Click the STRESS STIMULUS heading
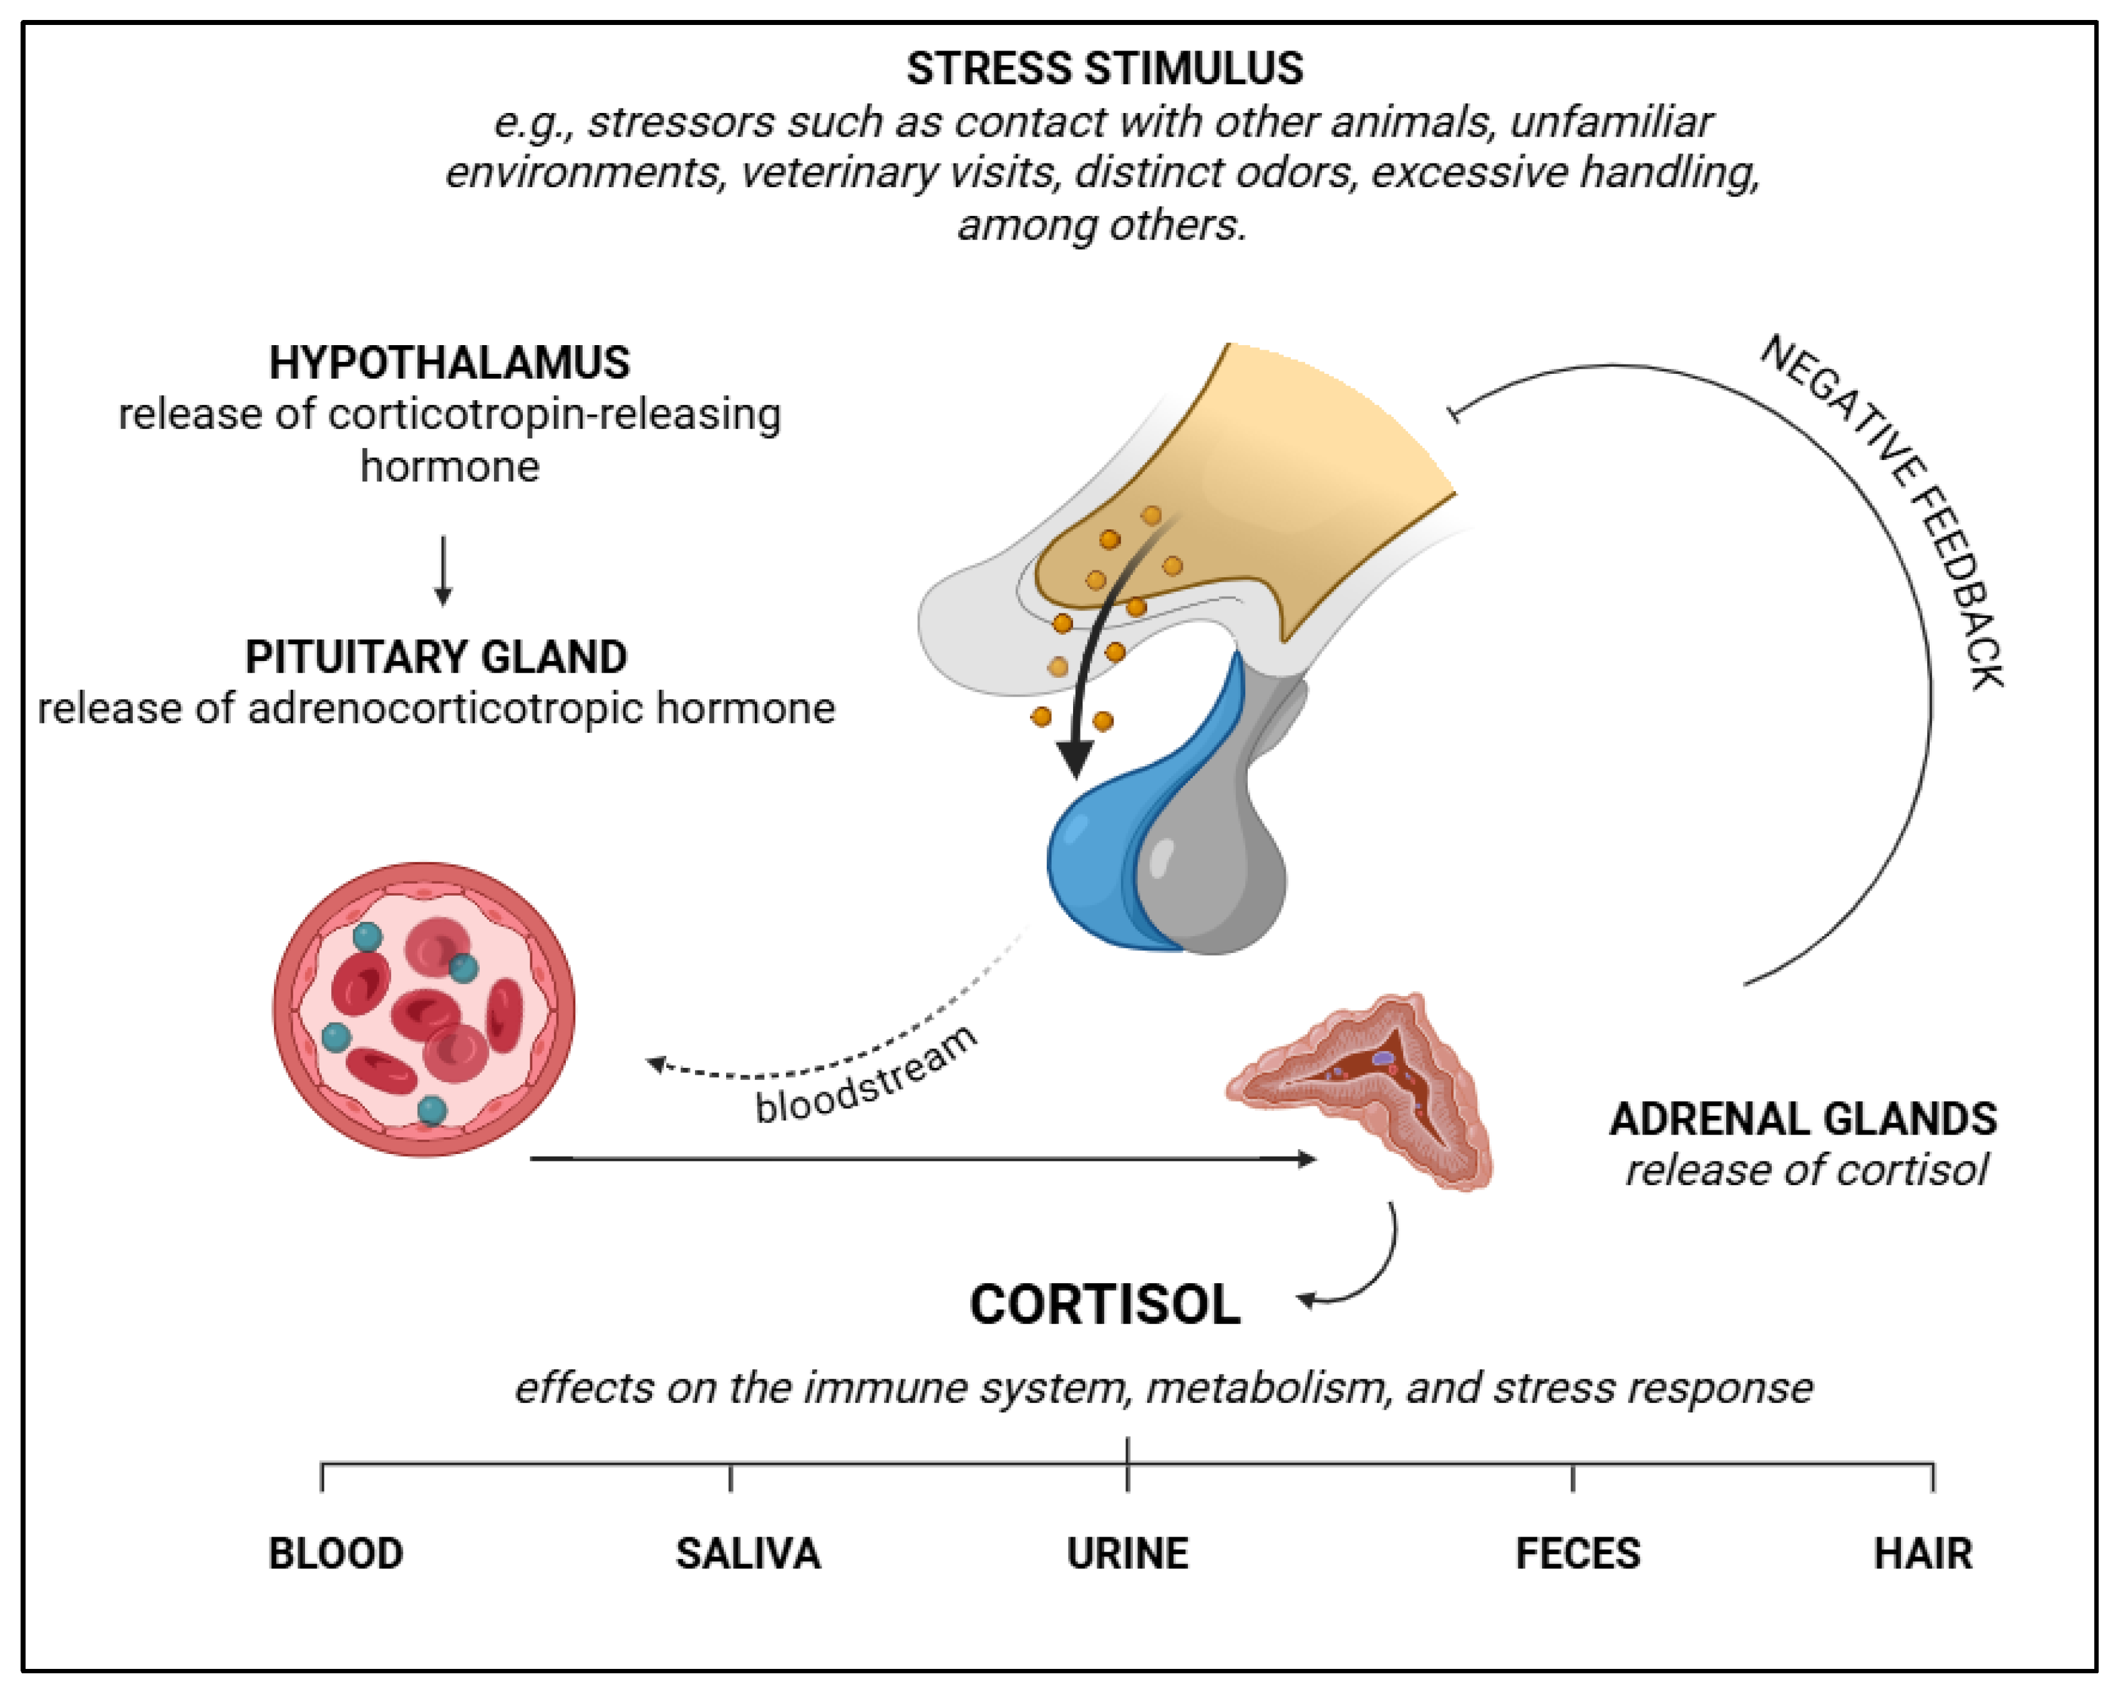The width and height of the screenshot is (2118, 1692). point(1104,69)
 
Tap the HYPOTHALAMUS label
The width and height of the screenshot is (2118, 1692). point(449,363)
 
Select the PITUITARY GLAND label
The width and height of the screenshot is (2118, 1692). point(435,657)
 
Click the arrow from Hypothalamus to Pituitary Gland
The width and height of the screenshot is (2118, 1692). point(443,570)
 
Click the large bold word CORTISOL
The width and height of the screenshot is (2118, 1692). point(1104,1305)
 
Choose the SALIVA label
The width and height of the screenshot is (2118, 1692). point(747,1553)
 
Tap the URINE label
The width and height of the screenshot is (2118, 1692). point(1127,1553)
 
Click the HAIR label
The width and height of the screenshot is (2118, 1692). point(1923,1553)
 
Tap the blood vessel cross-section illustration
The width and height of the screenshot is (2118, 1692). point(424,1009)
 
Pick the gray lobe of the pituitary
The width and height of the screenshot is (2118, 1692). point(1218,864)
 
